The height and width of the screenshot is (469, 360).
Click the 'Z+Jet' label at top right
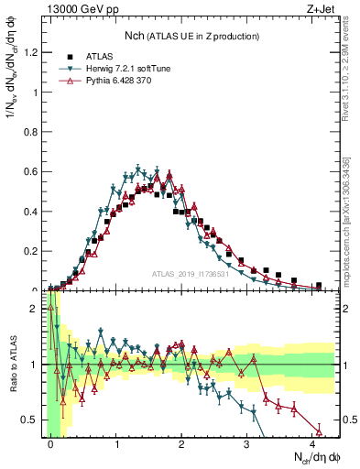click(321, 10)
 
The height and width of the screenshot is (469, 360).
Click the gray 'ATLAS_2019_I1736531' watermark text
click(193, 274)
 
